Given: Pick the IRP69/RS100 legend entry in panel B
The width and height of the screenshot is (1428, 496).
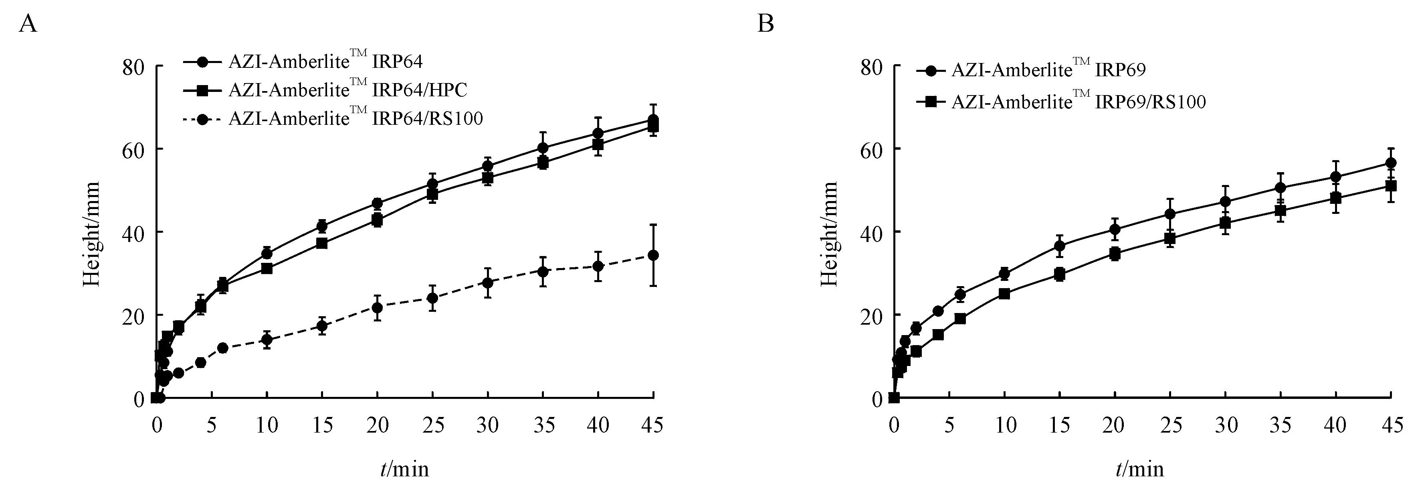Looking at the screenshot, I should (x=1078, y=102).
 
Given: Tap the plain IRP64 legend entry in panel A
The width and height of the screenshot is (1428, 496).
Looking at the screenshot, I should (x=325, y=61).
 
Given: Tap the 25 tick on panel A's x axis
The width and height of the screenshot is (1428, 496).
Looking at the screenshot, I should (x=433, y=425).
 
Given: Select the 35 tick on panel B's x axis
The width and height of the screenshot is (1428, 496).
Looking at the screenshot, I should (x=1280, y=425).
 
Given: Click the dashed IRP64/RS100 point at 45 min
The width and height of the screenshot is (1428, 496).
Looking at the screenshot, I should (x=654, y=255).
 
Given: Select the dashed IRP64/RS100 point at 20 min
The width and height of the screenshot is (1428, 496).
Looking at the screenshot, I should (x=377, y=307).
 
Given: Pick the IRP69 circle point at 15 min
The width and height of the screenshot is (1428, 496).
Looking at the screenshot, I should (x=1059, y=246).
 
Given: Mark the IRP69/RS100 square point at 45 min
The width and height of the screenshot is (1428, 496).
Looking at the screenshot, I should (x=1390, y=186).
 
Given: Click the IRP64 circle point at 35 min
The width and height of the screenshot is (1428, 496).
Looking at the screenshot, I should (x=543, y=148).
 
